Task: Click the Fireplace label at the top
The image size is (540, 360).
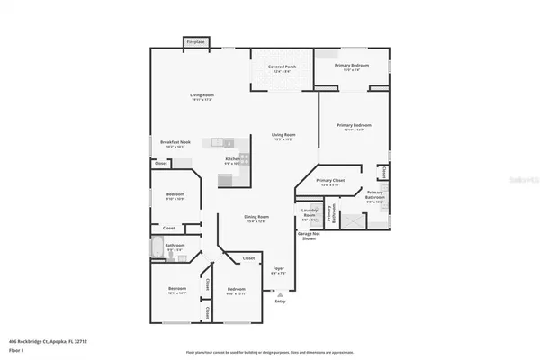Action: click(194, 41)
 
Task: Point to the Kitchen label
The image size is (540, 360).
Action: click(232, 160)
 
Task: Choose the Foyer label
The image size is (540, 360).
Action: click(279, 269)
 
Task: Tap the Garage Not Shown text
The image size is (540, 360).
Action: click(308, 236)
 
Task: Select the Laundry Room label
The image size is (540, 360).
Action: click(309, 216)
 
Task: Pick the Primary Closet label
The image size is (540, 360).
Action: click(331, 182)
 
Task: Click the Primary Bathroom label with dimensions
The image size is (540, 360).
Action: click(374, 196)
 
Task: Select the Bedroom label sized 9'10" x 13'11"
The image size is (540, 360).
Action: click(237, 290)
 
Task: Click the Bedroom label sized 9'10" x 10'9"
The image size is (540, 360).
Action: click(175, 196)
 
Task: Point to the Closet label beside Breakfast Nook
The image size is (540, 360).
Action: click(160, 163)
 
